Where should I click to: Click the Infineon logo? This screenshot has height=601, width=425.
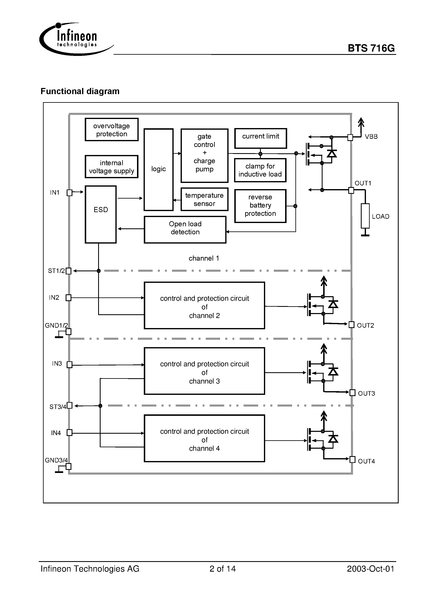point(73,39)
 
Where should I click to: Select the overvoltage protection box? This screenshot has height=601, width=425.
point(112,129)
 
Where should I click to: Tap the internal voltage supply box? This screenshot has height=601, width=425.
point(112,167)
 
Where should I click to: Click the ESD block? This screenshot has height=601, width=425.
point(101,214)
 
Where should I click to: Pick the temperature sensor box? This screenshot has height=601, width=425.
point(204,199)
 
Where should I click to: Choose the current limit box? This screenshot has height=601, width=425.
point(260,138)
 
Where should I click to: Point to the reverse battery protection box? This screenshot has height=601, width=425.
point(260,206)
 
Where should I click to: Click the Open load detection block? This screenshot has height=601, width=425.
point(185,230)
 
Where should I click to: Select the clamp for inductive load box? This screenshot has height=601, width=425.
point(260,170)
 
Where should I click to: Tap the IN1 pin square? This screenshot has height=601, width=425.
point(70,193)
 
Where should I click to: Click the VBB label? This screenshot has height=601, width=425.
point(371,137)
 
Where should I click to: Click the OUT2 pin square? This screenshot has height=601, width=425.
point(351,325)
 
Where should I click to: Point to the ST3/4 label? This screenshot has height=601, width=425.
point(58,407)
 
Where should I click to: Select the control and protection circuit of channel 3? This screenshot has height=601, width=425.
point(204,371)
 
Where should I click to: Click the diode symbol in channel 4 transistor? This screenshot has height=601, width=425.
point(333,438)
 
